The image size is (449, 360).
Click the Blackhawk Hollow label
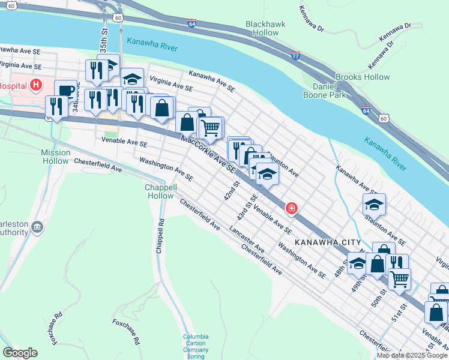pyautogui.click(x=265, y=28)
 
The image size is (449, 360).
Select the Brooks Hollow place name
pyautogui.click(x=362, y=77)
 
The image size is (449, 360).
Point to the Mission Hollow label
pyautogui.click(x=56, y=157)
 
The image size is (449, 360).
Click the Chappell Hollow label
pyautogui.click(x=160, y=191)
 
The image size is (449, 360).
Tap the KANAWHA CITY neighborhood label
pyautogui.click(x=327, y=243)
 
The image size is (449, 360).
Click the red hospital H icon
pyautogui.click(x=36, y=85)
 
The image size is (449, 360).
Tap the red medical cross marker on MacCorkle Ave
pyautogui.click(x=291, y=208)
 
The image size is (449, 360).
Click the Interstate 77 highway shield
pyautogui.click(x=295, y=55)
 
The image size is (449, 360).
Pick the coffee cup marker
pyautogui.click(x=66, y=91)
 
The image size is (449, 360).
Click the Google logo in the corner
pyautogui.click(x=20, y=352)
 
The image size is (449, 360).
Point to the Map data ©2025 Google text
pyautogui.click(x=412, y=355)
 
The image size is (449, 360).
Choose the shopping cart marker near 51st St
pyautogui.click(x=399, y=278)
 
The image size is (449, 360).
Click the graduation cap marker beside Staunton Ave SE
pyautogui.click(x=374, y=205)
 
